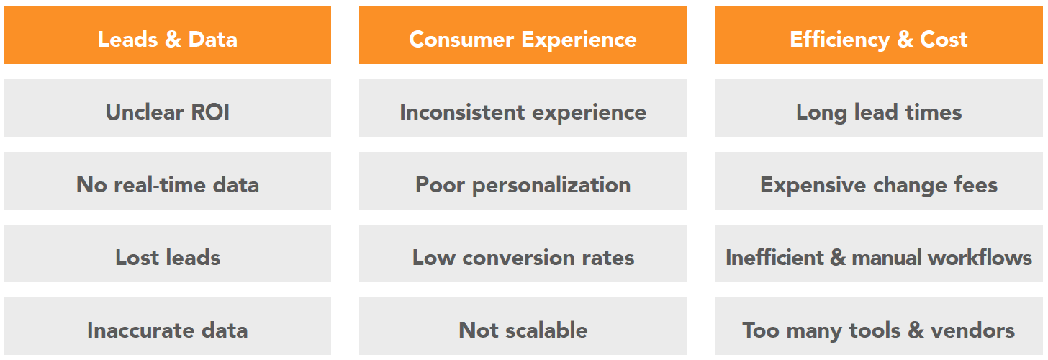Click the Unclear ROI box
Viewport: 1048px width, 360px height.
click(167, 112)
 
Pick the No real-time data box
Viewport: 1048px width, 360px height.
click(167, 184)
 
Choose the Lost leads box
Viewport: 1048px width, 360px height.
click(167, 257)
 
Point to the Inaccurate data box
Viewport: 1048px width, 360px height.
click(167, 330)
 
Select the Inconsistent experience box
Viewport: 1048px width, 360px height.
click(523, 112)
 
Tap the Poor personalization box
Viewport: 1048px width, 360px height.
click(523, 184)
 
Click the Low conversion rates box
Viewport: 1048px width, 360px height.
click(523, 257)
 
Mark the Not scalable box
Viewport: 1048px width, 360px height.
click(523, 330)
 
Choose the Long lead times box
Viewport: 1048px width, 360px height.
click(878, 112)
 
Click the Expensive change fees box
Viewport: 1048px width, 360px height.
click(878, 184)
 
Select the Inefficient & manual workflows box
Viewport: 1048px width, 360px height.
click(878, 257)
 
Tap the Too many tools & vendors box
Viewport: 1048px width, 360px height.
click(878, 330)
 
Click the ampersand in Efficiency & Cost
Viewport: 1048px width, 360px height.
click(903, 39)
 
